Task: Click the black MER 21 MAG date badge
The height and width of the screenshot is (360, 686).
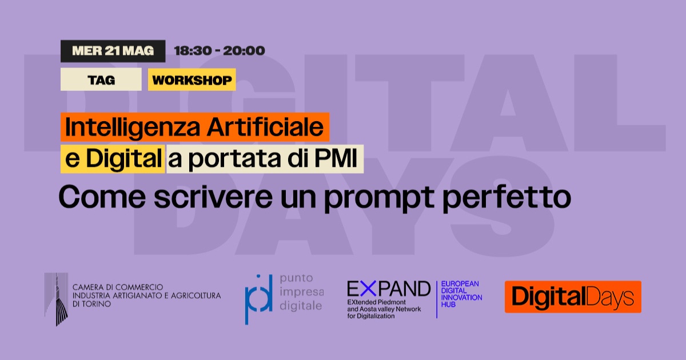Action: [113, 51]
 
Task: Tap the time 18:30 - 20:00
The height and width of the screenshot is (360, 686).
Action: [220, 51]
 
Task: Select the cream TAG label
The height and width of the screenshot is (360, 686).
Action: [101, 79]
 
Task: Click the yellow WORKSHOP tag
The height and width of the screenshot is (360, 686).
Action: [192, 79]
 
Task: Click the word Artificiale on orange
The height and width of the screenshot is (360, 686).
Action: [265, 127]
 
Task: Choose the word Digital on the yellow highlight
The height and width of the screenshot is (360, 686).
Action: [123, 159]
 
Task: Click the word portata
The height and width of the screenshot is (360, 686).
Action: [234, 159]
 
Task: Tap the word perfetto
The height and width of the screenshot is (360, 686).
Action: [507, 198]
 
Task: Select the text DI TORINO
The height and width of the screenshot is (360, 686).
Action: [91, 304]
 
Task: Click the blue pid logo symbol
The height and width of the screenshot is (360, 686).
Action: [258, 299]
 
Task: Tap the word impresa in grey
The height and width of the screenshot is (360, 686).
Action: [302, 292]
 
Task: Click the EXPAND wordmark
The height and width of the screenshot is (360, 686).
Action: [389, 289]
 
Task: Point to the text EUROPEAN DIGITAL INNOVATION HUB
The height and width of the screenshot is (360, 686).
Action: [461, 294]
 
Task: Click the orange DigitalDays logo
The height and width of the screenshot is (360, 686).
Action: [573, 297]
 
